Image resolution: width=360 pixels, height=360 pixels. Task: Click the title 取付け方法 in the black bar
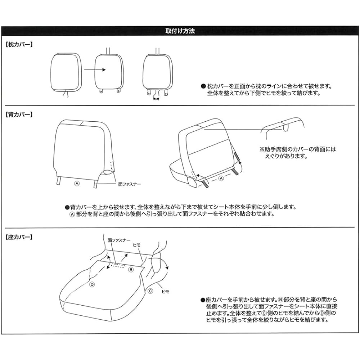pos(180,31)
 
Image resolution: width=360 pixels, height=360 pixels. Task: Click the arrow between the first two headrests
pos(95,70)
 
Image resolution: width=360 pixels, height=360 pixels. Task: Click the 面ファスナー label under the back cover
pos(130,184)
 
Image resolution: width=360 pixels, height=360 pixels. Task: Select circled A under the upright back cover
pos(76,183)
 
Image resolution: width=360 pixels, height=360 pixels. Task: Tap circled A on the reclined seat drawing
pos(221,178)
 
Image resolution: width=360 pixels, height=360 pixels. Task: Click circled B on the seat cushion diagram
pos(131,269)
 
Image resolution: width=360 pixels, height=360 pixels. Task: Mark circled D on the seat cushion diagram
pos(92,284)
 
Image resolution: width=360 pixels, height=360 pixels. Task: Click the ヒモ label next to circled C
pos(166,292)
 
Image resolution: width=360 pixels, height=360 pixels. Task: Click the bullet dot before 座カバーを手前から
pos(202,300)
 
